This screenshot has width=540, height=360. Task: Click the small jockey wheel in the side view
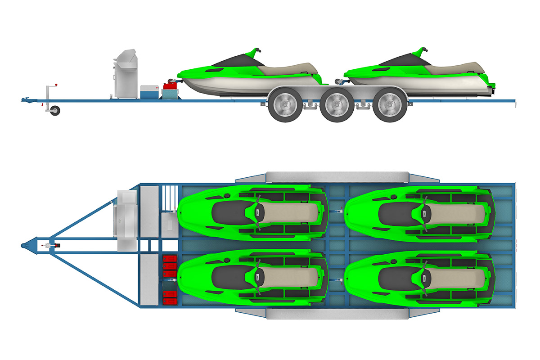[x=55, y=110]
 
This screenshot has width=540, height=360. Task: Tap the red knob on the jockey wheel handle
[x=57, y=84]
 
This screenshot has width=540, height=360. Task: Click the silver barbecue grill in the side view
[x=124, y=74]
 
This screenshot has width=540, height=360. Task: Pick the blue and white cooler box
[x=148, y=92]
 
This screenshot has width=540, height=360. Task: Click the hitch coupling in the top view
[x=25, y=245]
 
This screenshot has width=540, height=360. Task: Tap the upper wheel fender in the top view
[x=337, y=177]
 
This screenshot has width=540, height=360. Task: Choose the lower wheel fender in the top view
[x=337, y=314]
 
